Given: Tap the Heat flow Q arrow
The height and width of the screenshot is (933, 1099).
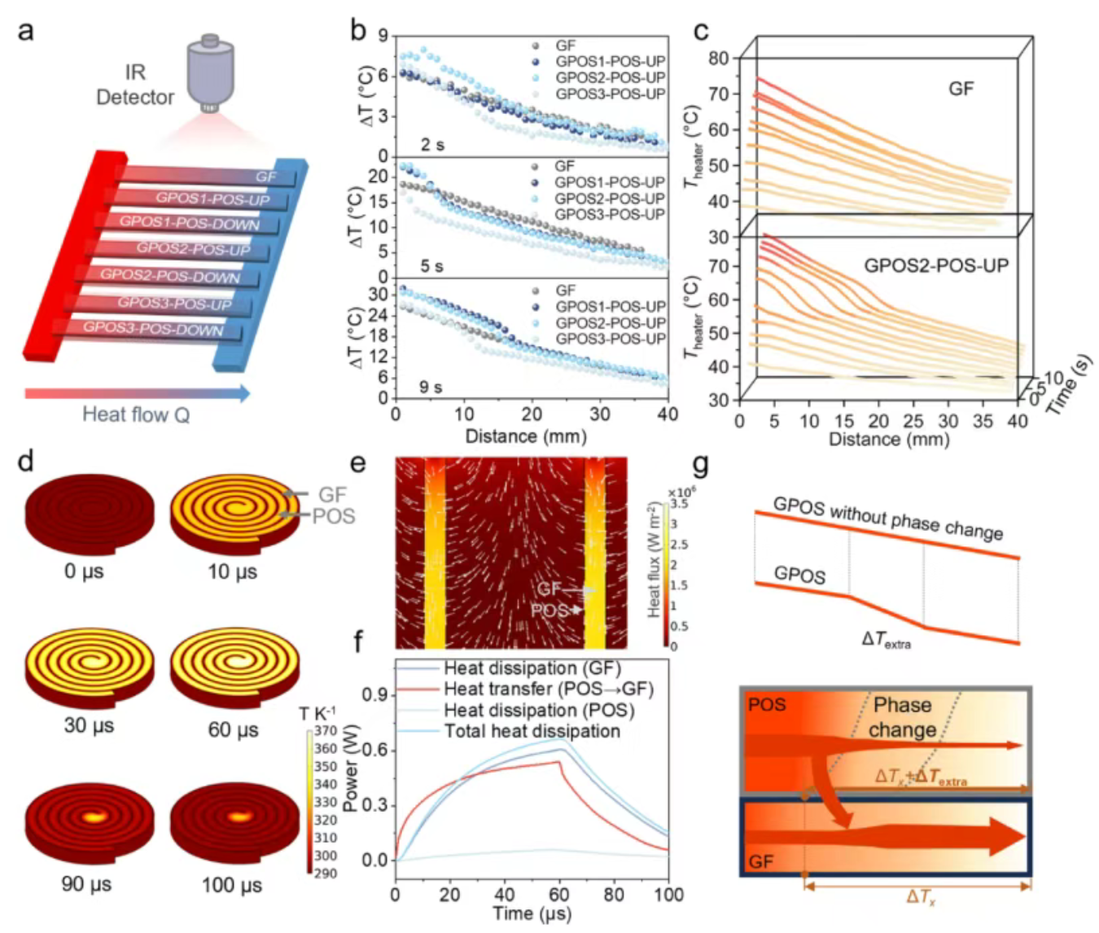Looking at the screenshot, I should [137, 394].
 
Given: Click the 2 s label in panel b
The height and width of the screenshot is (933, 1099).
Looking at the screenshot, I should [432, 145].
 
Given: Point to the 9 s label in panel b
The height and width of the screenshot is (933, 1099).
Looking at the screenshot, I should [431, 387].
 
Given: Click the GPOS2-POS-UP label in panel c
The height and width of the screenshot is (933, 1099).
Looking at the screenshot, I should [935, 265].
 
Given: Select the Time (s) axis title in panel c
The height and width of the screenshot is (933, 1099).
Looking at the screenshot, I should [1069, 386].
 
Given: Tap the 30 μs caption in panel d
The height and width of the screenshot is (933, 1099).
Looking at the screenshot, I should [89, 725].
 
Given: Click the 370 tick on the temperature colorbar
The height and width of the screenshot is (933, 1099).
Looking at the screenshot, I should [326, 731].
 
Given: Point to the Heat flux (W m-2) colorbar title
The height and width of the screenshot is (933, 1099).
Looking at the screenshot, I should [653, 559].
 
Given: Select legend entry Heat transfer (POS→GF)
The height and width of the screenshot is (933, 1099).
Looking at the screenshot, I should [548, 690].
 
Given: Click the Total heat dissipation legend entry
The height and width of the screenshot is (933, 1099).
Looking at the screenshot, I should [532, 731].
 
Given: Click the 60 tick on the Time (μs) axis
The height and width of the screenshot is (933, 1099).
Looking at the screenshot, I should [559, 894].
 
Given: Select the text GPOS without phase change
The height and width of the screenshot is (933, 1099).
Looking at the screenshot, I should [887, 519].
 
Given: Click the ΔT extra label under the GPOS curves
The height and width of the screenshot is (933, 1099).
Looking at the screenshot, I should [886, 641].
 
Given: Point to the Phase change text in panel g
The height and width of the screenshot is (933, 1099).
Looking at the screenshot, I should [902, 717].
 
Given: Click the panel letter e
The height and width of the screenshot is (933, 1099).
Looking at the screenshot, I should [357, 463].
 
